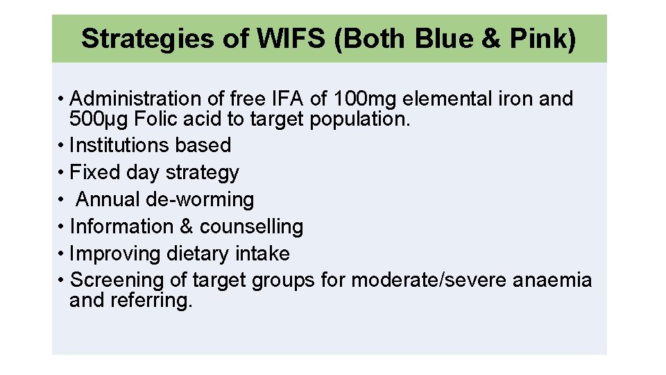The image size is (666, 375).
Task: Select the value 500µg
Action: pyautogui.click(x=99, y=119)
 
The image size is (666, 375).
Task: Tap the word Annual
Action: pyautogui.click(x=108, y=199)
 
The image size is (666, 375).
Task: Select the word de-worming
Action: pyautogui.click(x=200, y=199)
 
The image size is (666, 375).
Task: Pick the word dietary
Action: pyautogui.click(x=198, y=253)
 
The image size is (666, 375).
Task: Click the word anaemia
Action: pyautogui.click(x=552, y=281)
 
